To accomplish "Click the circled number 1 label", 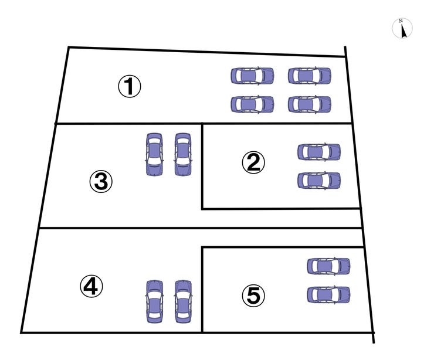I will pos(130,87).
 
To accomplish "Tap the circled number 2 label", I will pos(253,162).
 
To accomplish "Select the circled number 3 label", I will pos(100,182).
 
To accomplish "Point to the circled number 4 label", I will pos(91,286).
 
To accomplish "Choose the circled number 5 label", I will pos(253,296).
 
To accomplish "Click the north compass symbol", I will pos(402,28).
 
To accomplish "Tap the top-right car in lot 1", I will pos(309,76).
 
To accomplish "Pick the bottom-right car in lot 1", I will pos(309,104).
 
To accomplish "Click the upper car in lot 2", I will pos(318,152).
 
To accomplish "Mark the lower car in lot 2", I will pos(318,180).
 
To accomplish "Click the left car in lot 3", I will pos(154,154).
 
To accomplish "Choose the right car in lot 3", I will pos(182,154).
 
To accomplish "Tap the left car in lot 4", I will pos(154,301).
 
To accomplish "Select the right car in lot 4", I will pos(183,301).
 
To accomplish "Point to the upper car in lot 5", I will pos(328,266).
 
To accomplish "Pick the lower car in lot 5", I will pos(328,294).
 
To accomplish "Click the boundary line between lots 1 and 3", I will pos(129,124).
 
